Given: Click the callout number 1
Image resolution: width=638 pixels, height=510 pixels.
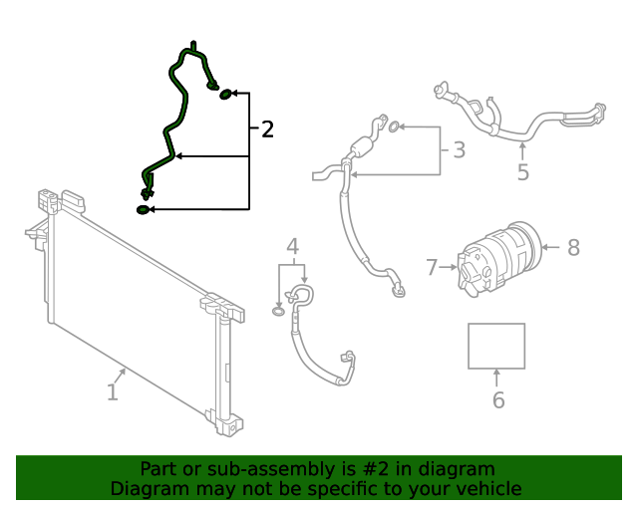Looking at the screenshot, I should [113, 393].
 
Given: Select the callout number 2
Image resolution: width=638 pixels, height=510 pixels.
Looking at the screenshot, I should [266, 129].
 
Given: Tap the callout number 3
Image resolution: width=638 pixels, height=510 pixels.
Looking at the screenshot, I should [459, 150].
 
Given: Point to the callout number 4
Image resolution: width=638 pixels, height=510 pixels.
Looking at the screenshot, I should [292, 246].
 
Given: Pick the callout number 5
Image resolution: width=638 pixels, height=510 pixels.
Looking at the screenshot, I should [522, 172].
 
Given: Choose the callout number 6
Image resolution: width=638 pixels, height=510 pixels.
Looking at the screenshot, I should [497, 400].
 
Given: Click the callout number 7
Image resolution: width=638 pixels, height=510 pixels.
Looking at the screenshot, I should [432, 267].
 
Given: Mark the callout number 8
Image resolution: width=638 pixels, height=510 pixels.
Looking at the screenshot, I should [573, 247].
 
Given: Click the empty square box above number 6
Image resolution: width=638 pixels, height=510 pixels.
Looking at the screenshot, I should [496, 346].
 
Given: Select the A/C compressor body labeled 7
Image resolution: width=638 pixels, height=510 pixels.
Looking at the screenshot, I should [495, 261].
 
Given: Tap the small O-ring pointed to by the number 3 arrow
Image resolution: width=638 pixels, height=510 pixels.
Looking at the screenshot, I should [395, 127].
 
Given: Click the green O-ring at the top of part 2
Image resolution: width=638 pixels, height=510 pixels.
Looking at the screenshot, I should [226, 94].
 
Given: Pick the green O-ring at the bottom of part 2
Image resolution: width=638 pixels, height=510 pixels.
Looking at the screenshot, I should [144, 209].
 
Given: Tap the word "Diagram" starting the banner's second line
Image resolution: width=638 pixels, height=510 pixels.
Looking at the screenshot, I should [148, 488].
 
